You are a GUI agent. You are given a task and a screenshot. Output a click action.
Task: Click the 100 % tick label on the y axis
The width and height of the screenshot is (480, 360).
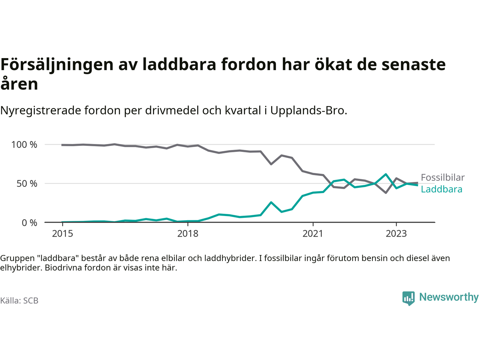pos(24,145)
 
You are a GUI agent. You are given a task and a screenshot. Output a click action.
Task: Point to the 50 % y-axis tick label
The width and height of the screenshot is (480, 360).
pos(27,184)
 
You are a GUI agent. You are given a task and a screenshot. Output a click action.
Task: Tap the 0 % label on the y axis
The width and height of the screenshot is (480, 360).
pos(30,223)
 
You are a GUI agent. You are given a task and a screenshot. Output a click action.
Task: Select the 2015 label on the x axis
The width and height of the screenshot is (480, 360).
pos(63,234)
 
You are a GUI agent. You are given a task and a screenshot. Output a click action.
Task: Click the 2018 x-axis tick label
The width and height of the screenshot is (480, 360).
pos(187,234)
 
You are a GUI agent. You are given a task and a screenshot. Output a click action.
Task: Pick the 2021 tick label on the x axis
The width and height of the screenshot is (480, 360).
pos(313,234)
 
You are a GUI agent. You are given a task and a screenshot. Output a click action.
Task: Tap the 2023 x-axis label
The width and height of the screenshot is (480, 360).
pos(396,234)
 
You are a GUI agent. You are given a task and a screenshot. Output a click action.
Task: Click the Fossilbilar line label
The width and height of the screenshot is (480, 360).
pos(442,177)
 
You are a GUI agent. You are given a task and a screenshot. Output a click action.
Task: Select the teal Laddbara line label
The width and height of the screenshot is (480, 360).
pos(441,189)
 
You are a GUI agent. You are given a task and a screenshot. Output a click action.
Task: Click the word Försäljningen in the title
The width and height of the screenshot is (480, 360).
pos(57,64)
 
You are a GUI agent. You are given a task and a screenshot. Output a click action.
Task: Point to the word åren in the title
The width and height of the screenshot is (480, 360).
pos(19,84)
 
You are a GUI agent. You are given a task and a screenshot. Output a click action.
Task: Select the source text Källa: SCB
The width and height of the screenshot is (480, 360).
pos(19,301)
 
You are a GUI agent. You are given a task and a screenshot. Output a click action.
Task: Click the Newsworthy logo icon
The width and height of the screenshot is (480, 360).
pos(408,298)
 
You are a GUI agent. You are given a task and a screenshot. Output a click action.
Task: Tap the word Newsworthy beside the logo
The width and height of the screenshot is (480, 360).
pos(449,297)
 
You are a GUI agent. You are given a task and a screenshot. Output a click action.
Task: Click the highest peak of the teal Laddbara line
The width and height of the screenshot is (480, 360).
pos(385,174)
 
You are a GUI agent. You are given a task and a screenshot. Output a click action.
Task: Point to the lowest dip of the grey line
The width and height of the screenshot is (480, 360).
pos(385,193)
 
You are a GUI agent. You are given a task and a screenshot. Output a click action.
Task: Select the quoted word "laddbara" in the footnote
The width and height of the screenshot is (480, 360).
pos(58,258)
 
